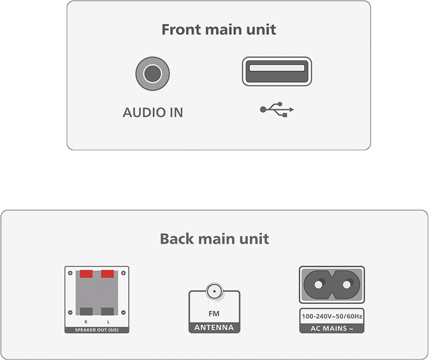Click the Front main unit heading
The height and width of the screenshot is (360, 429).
(x=218, y=30)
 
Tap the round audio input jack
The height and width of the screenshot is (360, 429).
(x=152, y=74)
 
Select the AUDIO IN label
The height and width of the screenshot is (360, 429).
(x=153, y=112)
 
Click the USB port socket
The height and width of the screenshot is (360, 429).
(x=277, y=71)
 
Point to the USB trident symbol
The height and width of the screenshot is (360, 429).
(x=277, y=109)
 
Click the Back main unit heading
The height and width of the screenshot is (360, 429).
(x=214, y=239)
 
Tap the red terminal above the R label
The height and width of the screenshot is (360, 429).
(x=86, y=274)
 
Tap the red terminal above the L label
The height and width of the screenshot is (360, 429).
(x=107, y=274)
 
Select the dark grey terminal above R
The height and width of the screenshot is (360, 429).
(x=86, y=311)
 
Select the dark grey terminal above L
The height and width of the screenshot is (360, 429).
(x=107, y=311)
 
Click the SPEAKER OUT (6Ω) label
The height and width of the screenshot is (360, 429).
(x=97, y=330)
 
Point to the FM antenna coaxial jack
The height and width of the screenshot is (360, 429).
(x=214, y=291)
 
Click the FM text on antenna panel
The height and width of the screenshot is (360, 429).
(x=214, y=314)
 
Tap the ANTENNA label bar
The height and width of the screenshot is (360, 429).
(x=214, y=327)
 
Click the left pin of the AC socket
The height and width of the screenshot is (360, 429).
(x=319, y=285)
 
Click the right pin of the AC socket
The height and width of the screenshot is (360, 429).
(x=347, y=285)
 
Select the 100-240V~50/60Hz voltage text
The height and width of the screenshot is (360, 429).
(x=332, y=316)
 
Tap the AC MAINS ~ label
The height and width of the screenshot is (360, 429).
(x=332, y=328)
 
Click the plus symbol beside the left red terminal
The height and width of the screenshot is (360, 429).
(x=70, y=273)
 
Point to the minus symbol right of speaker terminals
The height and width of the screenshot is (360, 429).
(x=123, y=312)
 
